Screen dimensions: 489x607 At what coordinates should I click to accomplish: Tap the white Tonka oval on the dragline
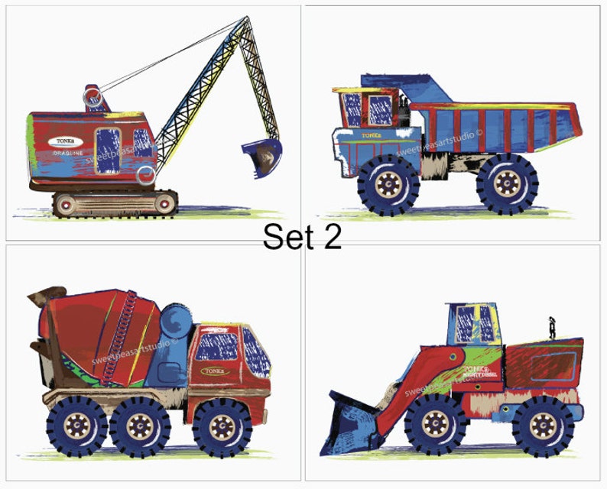click(67, 141)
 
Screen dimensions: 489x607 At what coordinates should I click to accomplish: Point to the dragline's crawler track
click(115, 203)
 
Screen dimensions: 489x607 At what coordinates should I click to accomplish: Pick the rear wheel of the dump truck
click(508, 184)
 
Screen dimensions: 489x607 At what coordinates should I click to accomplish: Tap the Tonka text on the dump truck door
click(372, 135)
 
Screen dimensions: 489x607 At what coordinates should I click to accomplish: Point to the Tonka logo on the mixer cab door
click(218, 371)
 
